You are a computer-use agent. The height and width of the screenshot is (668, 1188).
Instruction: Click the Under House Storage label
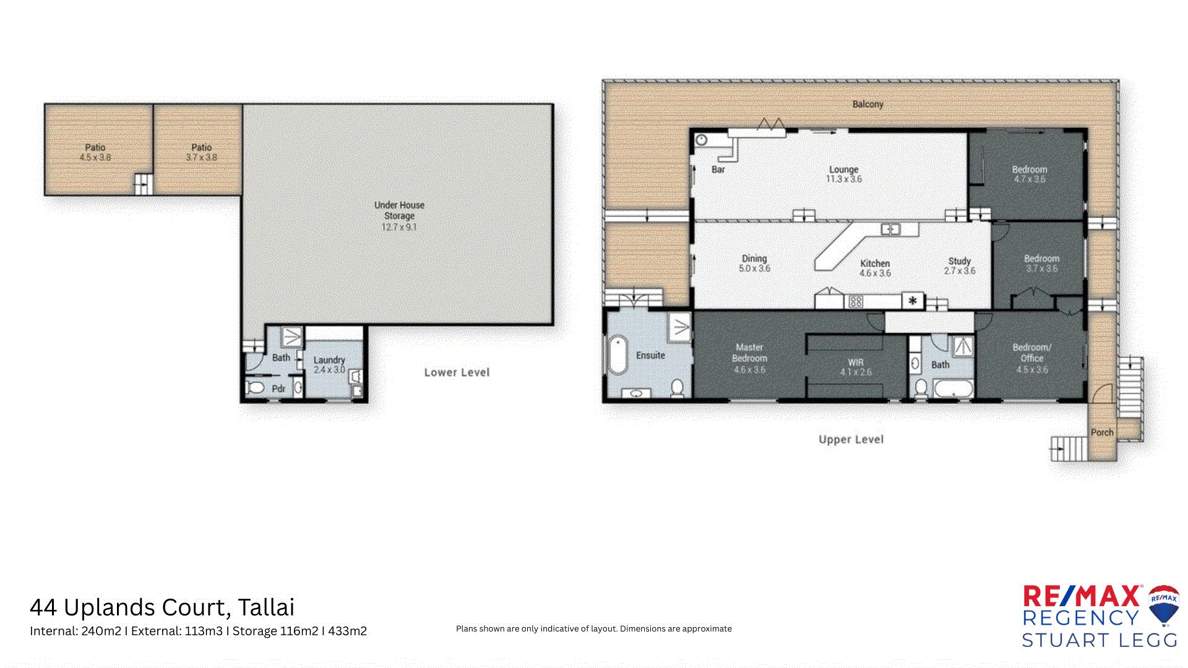(x=399, y=210)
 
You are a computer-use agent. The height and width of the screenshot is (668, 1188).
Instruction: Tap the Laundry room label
(x=329, y=360)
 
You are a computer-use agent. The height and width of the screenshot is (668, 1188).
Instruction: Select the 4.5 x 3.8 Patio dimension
(x=95, y=158)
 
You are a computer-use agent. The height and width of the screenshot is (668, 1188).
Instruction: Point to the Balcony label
(x=867, y=105)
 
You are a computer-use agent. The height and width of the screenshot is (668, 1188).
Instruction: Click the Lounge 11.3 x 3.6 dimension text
(x=843, y=179)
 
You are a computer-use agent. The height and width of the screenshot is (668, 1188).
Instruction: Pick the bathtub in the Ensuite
(x=618, y=355)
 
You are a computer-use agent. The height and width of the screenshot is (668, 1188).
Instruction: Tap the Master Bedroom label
(x=749, y=353)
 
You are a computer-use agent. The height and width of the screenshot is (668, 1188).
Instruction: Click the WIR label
(x=856, y=362)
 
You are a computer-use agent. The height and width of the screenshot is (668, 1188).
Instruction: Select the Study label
(x=959, y=261)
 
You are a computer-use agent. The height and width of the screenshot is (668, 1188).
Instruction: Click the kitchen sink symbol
(x=890, y=229)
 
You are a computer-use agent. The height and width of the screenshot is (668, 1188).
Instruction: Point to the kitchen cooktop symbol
(x=856, y=302)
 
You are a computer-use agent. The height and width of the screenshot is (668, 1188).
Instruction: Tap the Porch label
(x=1101, y=432)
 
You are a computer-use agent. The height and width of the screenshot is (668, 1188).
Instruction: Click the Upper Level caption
(x=851, y=440)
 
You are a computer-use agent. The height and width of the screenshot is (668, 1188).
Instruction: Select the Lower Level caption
(x=457, y=372)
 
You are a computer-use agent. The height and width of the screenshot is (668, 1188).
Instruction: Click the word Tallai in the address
(x=266, y=607)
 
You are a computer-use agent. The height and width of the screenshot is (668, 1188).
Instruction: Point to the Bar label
(x=718, y=169)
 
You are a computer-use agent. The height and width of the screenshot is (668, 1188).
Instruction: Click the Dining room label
(x=754, y=259)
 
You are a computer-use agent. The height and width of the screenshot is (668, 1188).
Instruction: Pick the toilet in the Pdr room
(x=255, y=388)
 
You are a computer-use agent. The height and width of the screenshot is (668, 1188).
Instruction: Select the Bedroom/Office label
(x=1031, y=353)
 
